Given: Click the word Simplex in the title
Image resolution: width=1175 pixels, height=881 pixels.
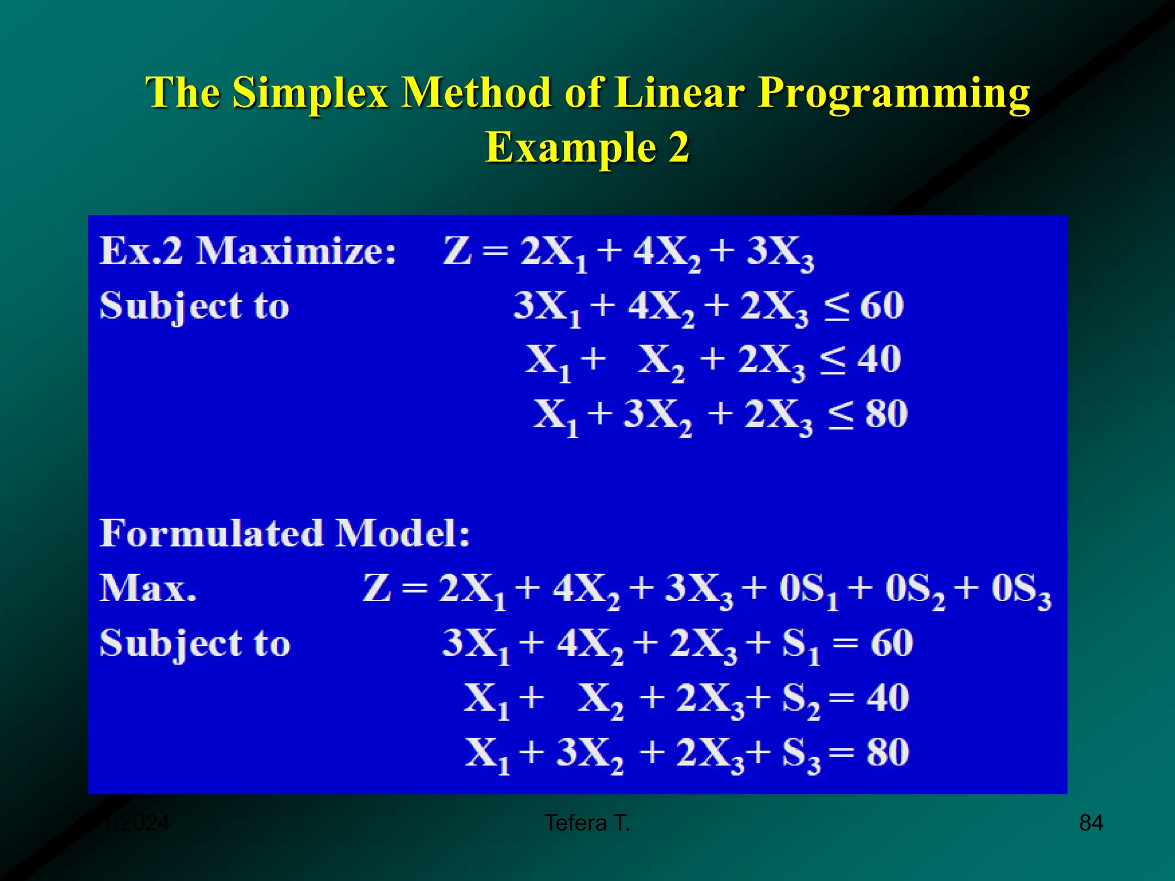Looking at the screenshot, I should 310,93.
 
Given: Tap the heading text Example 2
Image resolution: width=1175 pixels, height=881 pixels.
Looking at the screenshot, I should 587,147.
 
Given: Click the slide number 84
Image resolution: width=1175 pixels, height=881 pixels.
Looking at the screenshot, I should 1091,822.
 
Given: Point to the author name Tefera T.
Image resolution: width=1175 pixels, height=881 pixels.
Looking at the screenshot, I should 587,822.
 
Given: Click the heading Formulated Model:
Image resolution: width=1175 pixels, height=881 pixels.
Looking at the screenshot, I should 285,533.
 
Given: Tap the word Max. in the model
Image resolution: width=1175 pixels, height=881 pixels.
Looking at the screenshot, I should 148,588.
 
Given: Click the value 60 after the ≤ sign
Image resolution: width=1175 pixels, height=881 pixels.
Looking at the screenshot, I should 882,306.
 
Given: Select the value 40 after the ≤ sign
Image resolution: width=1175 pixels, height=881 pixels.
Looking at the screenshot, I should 879,360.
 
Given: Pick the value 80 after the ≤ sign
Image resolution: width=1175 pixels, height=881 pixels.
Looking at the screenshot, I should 886,414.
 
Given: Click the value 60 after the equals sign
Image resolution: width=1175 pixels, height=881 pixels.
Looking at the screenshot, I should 892,643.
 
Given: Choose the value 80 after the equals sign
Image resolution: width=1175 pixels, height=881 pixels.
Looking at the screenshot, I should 888,752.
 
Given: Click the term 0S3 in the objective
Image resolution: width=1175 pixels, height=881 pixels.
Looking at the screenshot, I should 1021,590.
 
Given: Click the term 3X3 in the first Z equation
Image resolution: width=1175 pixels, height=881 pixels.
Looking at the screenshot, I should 780,253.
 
